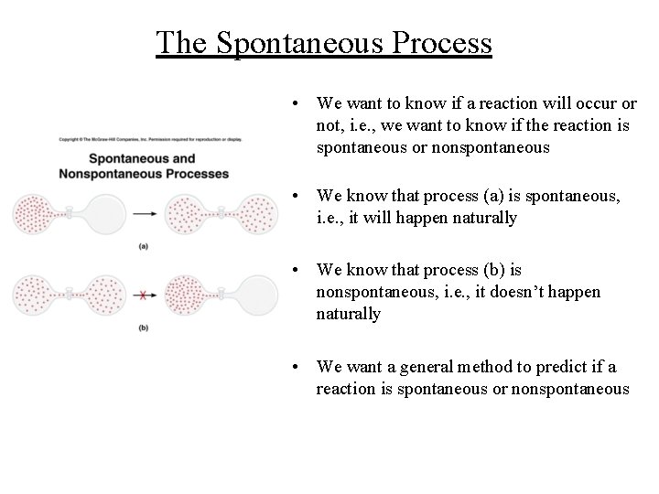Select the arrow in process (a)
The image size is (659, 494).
pyautogui.click(x=144, y=214)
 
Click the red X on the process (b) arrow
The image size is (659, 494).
pyautogui.click(x=143, y=295)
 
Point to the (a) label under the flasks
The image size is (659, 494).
pyautogui.click(x=144, y=246)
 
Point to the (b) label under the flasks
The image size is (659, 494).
pyautogui.click(x=143, y=328)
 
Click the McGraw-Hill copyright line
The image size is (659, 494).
pyautogui.click(x=151, y=140)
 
